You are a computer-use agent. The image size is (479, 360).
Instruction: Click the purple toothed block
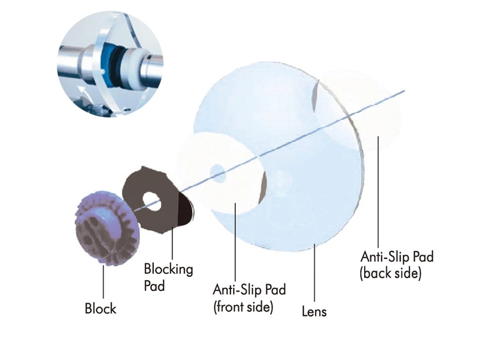107,229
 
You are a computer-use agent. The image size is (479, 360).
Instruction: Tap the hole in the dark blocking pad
153,202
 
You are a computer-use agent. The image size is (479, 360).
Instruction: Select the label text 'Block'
100,308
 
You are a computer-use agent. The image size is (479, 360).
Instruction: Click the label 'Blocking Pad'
169,277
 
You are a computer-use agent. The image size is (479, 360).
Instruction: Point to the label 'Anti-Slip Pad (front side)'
249,298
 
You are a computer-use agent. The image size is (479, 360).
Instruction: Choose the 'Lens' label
314,311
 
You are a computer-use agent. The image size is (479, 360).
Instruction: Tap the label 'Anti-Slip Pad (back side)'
397,265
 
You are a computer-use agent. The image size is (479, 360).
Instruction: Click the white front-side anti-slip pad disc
222,173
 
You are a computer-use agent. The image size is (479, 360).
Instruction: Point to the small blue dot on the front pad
217,172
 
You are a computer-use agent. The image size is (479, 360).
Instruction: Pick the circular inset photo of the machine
110,64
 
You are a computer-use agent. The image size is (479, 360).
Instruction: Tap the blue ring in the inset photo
110,64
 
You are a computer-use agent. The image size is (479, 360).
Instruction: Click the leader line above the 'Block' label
103,281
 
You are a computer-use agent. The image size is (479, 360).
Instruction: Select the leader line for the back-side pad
378,191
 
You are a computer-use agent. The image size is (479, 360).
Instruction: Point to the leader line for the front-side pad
235,241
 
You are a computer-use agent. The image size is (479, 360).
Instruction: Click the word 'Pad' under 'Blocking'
155,286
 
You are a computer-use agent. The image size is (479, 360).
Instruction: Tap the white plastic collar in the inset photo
132,66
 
